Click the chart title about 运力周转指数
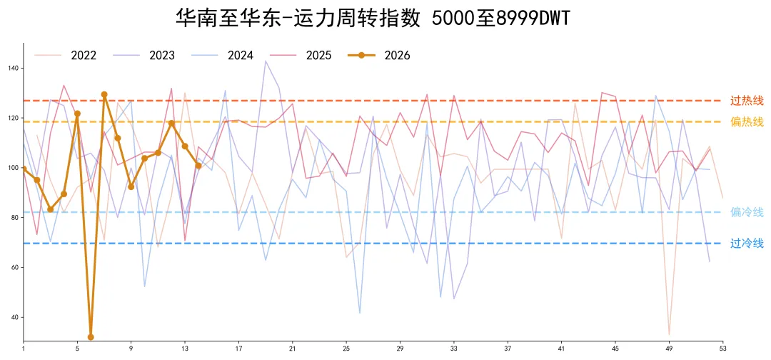click(373, 18)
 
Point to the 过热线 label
click(747, 101)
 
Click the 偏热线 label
click(747, 121)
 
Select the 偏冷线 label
click(747, 212)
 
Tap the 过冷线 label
click(747, 244)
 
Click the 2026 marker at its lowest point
click(91, 337)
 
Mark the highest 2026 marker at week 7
click(104, 94)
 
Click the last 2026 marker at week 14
click(198, 166)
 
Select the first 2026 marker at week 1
click(24, 169)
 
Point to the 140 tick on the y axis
click(14, 69)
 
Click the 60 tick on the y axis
click(15, 268)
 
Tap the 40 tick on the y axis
click(15, 317)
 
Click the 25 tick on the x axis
click(346, 349)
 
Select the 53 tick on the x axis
click(722, 349)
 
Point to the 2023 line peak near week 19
click(266, 61)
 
